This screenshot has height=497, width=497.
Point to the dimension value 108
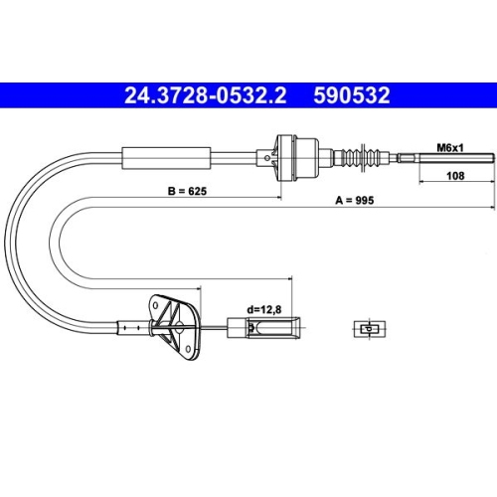click(x=454, y=177)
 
